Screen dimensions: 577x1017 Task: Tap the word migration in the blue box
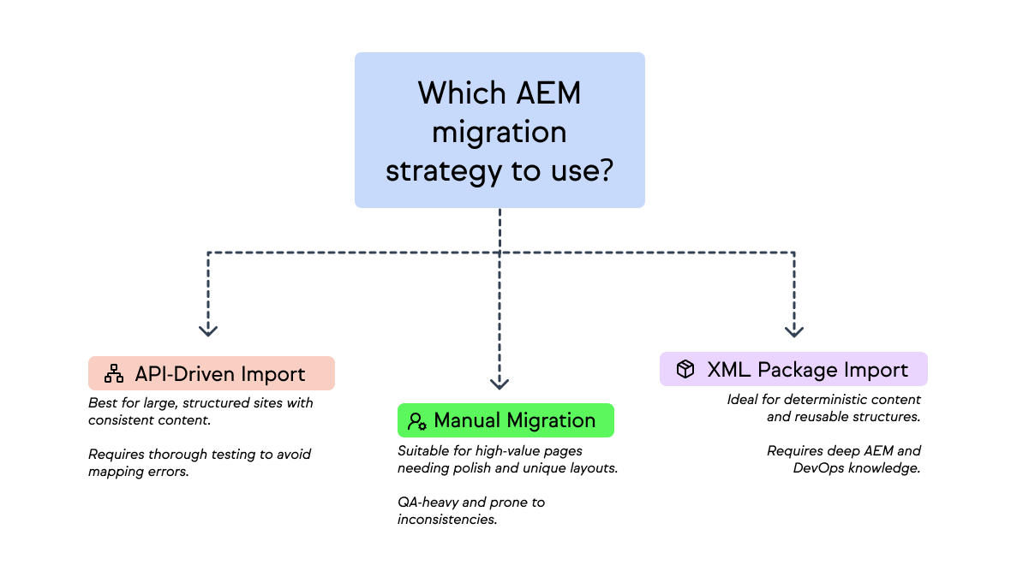pos(500,132)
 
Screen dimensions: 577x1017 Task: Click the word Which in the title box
pos(460,93)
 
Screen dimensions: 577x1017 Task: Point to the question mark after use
pos(605,170)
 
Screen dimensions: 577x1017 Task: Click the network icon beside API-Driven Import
pos(114,374)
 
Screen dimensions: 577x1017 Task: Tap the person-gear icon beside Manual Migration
pos(417,421)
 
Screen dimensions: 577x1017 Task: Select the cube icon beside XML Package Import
pos(685,369)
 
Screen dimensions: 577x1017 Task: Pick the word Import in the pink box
pos(272,374)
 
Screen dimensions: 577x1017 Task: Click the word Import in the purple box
pos(876,370)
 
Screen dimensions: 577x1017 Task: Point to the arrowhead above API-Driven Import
pos(208,330)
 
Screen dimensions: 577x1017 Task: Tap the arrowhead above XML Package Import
pos(794,330)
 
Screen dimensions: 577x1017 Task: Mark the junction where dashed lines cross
pos(500,253)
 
